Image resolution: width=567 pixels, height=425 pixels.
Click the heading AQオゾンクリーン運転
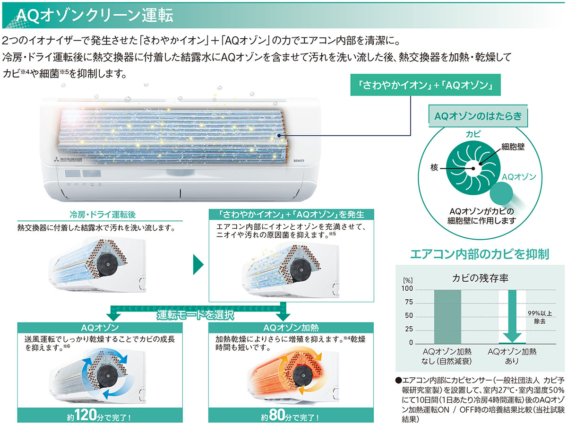click(94, 15)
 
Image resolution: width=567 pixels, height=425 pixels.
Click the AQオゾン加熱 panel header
click(290, 328)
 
